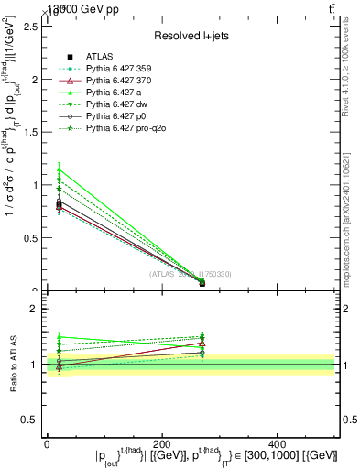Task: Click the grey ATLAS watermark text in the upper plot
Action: pos(191,273)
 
